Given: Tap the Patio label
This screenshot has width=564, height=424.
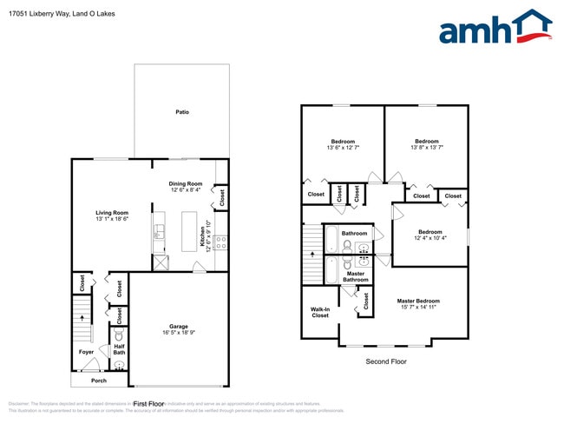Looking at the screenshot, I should pos(182,112).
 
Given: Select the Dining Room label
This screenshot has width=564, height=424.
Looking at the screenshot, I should pos(186,183).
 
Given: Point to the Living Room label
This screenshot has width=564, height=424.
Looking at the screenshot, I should pos(112,213).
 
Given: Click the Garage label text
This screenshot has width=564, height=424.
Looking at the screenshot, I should pos(179,326).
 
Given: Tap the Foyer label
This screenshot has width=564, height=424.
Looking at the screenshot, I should pos(86,352).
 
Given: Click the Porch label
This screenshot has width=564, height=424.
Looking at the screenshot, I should pos(99,380).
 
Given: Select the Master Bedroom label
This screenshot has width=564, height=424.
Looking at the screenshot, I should pos(418,301).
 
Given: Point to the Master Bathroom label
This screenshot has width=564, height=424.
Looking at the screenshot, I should pos(356,276).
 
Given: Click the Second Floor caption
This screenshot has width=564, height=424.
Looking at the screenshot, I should pos(385,361).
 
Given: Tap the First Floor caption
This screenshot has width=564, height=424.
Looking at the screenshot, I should pos(151,404).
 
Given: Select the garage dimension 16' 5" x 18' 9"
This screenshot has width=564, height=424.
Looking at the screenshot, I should pos(179,333).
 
